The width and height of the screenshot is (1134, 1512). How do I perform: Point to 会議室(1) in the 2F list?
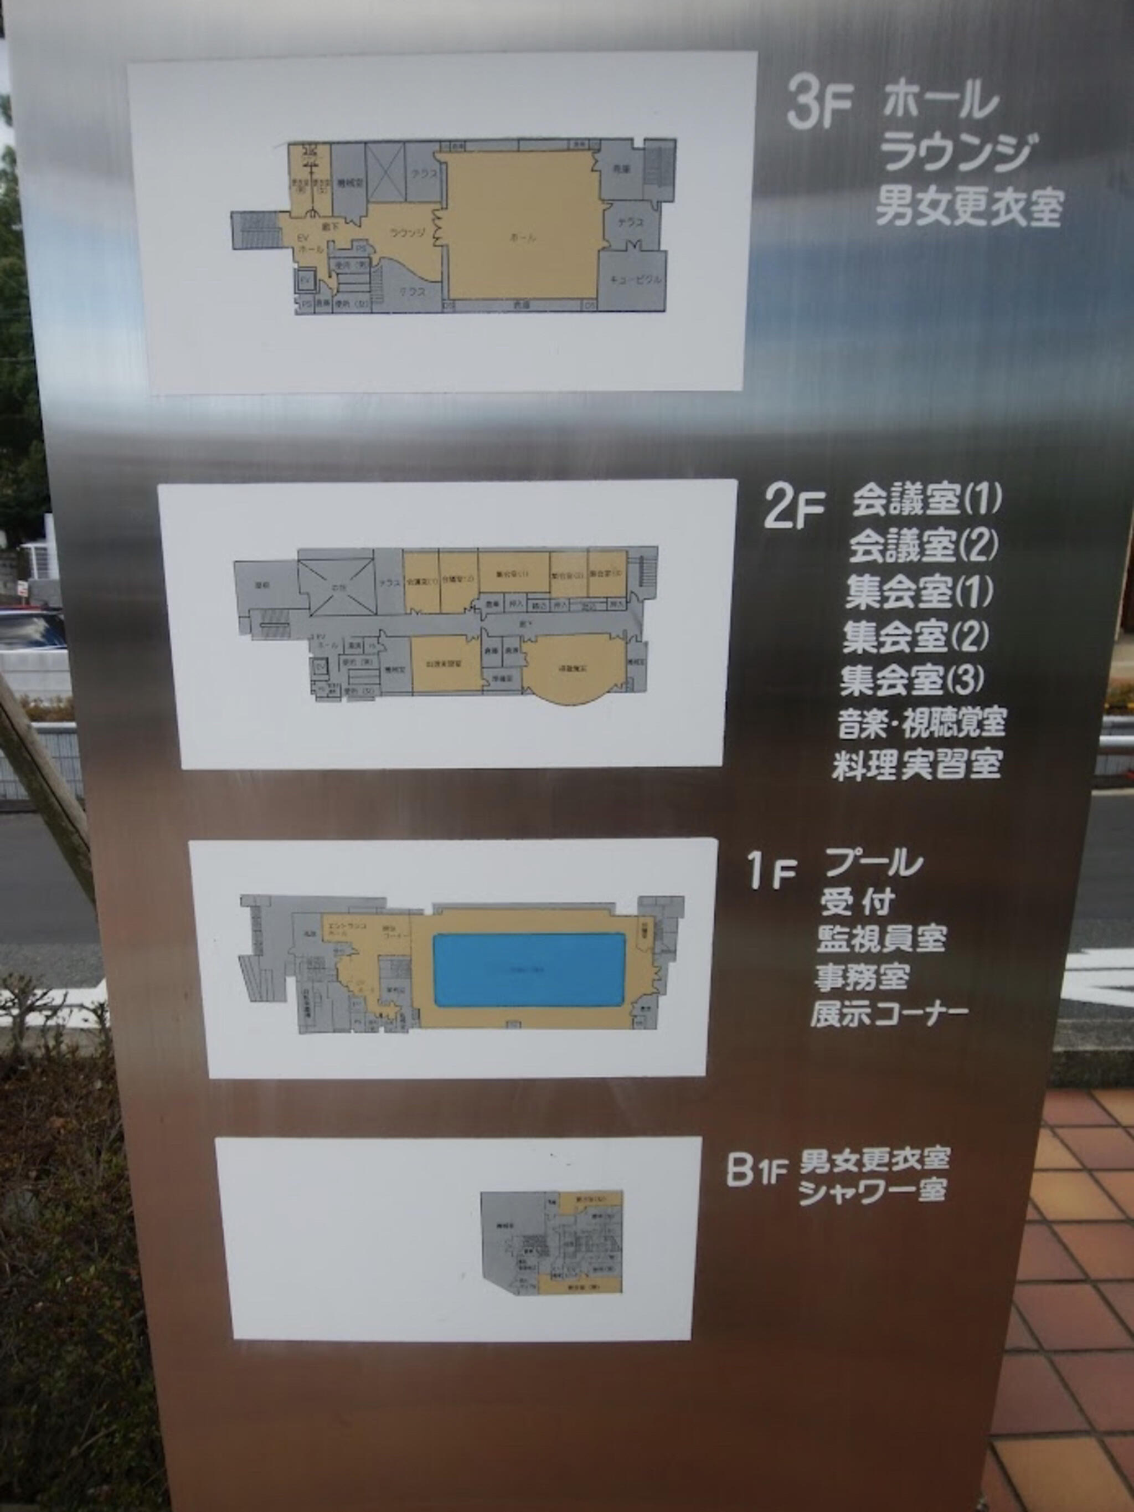click(x=926, y=501)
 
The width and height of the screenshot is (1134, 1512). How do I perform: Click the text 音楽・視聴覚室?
click(x=922, y=723)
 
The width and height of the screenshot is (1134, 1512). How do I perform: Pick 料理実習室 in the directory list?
click(x=916, y=765)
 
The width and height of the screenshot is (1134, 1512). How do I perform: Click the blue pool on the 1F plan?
click(x=529, y=969)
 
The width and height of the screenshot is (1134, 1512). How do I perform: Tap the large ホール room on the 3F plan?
click(x=523, y=225)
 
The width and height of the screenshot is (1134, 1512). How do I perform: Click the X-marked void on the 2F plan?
click(x=336, y=587)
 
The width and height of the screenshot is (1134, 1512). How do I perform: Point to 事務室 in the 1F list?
click(x=860, y=978)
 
